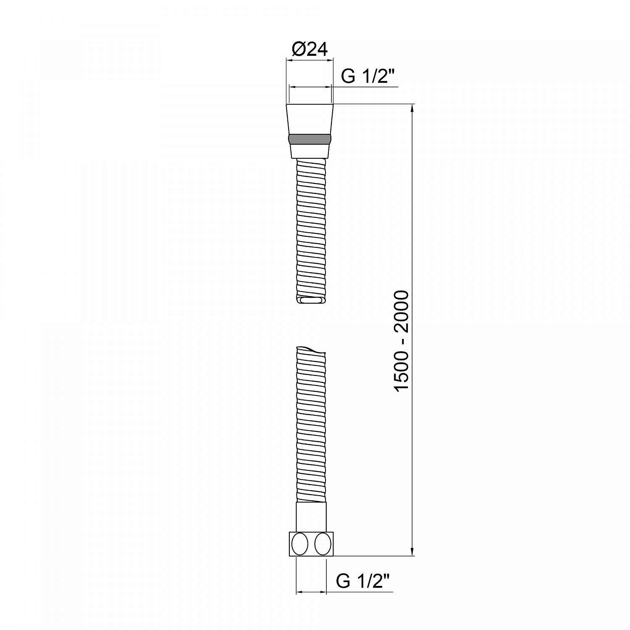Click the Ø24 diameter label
point(310,50)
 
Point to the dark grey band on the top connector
point(310,139)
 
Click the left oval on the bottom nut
point(300,544)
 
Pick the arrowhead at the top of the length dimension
point(412,108)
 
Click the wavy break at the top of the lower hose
point(311,350)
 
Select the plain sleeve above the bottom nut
point(311,517)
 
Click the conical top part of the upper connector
point(310,119)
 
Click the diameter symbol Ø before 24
point(297,50)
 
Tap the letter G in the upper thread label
point(348,77)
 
